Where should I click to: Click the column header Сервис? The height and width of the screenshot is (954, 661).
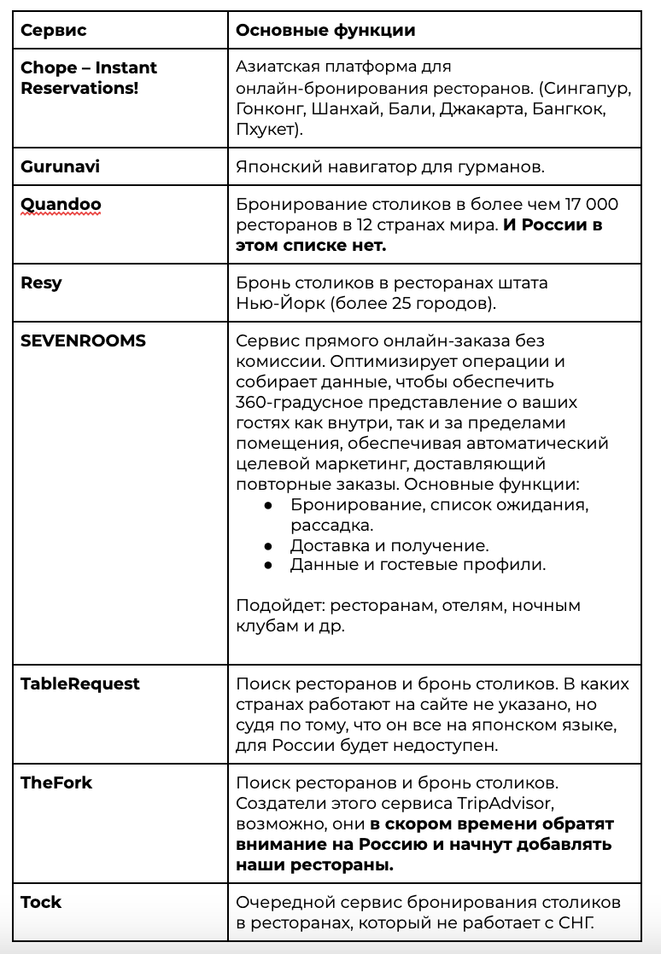point(53,31)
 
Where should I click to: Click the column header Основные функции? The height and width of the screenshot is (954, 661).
point(325,31)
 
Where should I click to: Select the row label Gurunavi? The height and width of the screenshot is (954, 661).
point(60,166)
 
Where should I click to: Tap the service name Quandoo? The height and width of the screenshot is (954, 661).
point(61,205)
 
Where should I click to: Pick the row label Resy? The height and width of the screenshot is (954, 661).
point(41,282)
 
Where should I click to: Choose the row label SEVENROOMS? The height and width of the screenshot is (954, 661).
point(83,340)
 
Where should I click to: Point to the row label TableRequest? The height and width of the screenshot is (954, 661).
point(79,684)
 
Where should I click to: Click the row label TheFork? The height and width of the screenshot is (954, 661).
point(56,782)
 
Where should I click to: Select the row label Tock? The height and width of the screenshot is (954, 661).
point(41,901)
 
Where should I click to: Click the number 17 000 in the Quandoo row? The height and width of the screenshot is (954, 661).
point(591,205)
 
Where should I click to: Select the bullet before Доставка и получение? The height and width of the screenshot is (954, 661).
point(268,545)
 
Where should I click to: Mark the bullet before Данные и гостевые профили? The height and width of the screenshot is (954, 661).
point(268,565)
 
